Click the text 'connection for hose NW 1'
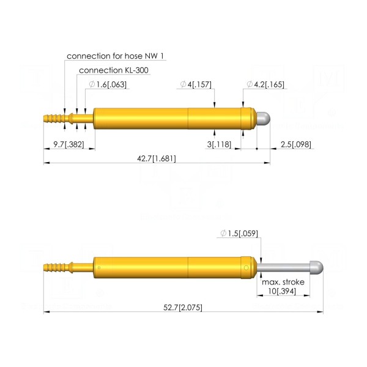click(115, 56)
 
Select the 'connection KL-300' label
click(114, 70)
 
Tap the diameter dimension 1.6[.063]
click(108, 84)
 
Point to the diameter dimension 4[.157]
click(196, 84)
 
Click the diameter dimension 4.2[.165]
click(265, 84)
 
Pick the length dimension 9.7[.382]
click(69, 144)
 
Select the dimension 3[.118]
click(219, 144)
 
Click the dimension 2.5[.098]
click(296, 144)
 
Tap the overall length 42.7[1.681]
click(157, 158)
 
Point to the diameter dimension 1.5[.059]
click(239, 234)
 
